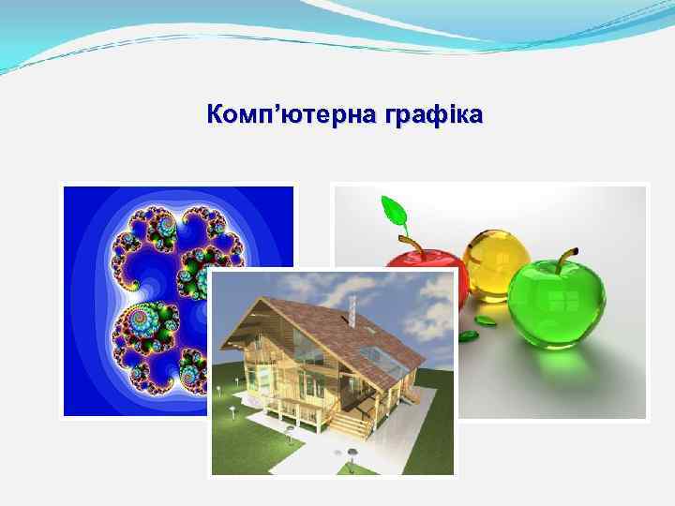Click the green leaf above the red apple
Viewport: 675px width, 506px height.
click(393, 212)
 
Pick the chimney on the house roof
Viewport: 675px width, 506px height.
click(353, 309)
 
